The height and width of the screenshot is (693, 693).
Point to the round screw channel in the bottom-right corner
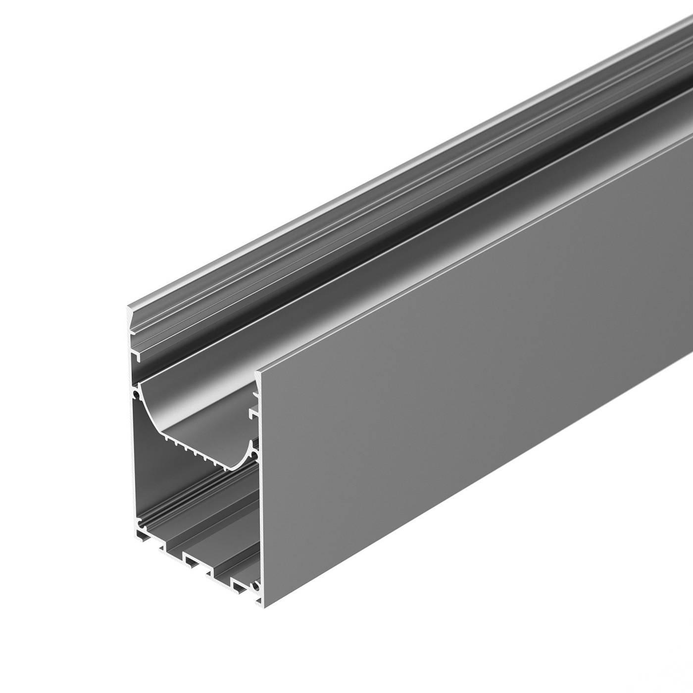[255, 587]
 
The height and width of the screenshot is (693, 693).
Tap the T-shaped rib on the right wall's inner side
[253, 410]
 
